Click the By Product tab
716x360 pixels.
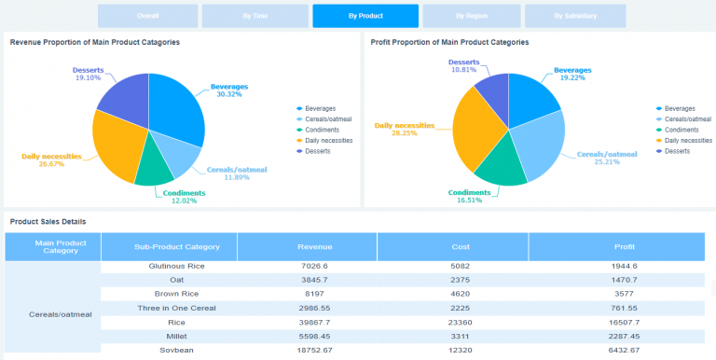365,16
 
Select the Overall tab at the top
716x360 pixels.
146,16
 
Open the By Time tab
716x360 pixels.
255,16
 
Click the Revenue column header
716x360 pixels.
307,247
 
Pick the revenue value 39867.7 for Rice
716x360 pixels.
307,322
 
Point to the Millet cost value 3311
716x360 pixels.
452,336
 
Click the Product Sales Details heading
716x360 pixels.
48,222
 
